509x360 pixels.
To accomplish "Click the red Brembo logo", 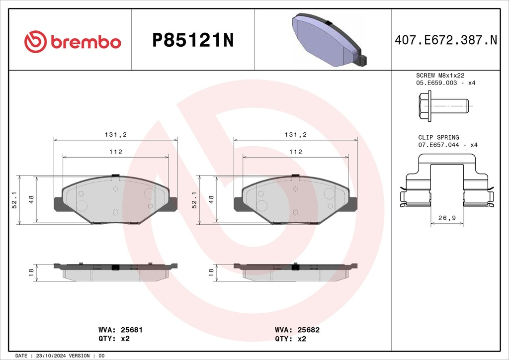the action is click(73, 42).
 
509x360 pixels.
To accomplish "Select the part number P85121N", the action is click(193, 41).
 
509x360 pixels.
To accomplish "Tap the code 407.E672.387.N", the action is click(446, 40).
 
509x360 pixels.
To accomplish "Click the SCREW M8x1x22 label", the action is click(440, 75).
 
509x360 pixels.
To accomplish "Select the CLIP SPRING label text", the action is click(438, 137).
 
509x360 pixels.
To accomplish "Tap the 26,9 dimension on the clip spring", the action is click(447, 218).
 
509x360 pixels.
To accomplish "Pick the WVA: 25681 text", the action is click(120, 330).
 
